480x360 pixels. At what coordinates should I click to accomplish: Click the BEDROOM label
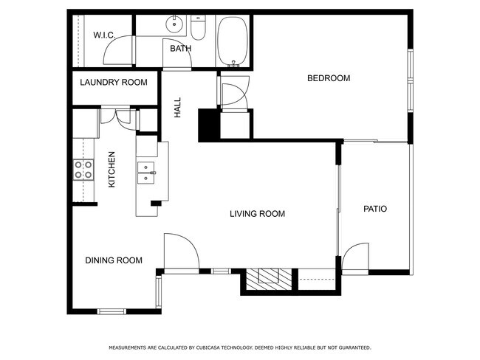(329, 78)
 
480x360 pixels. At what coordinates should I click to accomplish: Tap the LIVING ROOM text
(257, 214)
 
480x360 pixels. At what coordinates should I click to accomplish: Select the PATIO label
(375, 209)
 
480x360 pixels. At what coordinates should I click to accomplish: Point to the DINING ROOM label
(114, 260)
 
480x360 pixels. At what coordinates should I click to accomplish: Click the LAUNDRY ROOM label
(114, 83)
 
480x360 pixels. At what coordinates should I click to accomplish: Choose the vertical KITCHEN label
(112, 170)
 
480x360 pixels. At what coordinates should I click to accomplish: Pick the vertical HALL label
(177, 108)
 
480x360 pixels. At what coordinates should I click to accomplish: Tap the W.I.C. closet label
(104, 35)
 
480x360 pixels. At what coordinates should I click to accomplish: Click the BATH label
(181, 49)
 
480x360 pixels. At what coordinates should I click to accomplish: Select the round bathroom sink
(174, 24)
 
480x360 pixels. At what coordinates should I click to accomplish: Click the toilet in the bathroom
(198, 27)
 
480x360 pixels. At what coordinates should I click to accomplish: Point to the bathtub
(233, 41)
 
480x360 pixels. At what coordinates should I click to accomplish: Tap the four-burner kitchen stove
(83, 170)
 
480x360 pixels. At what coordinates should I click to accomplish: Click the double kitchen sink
(146, 173)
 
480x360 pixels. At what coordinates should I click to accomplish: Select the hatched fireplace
(269, 280)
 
